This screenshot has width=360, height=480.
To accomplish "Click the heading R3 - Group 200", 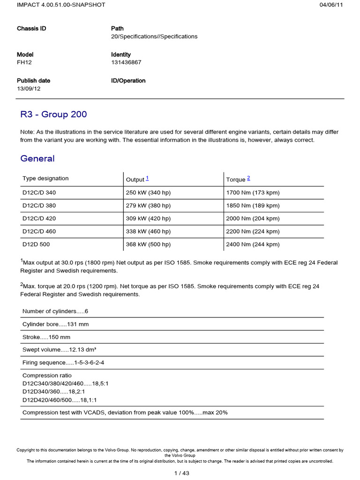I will click(53, 114).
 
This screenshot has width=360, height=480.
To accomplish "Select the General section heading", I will click(37, 158).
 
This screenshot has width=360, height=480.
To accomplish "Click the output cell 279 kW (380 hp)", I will click(148, 205).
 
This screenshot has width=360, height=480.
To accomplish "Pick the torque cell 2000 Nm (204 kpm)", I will click(259, 218).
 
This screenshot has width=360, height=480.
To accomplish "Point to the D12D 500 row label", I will click(36, 244).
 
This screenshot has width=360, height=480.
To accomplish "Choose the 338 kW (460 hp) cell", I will click(148, 231).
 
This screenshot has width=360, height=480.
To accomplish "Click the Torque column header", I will click(236, 180).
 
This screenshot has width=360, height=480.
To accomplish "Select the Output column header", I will click(135, 180).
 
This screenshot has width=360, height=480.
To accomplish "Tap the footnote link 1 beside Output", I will click(147, 178).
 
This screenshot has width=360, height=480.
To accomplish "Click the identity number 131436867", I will click(126, 62).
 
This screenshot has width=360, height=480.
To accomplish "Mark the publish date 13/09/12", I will click(29, 89).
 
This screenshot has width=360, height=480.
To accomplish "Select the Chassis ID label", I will click(31, 29).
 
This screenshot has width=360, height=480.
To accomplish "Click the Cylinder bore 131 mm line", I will click(55, 324).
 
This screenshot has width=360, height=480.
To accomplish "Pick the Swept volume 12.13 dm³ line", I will click(60, 350).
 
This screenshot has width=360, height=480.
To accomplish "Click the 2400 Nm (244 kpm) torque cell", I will click(259, 244).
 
